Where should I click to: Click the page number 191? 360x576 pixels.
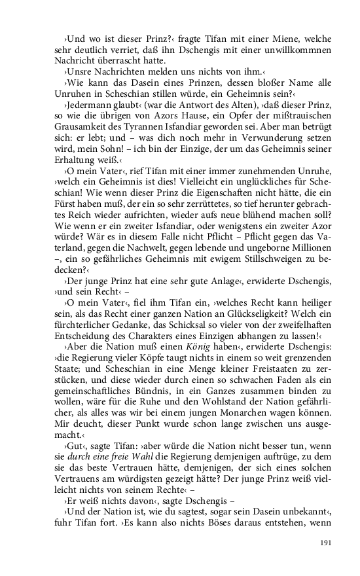point(325,542)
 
